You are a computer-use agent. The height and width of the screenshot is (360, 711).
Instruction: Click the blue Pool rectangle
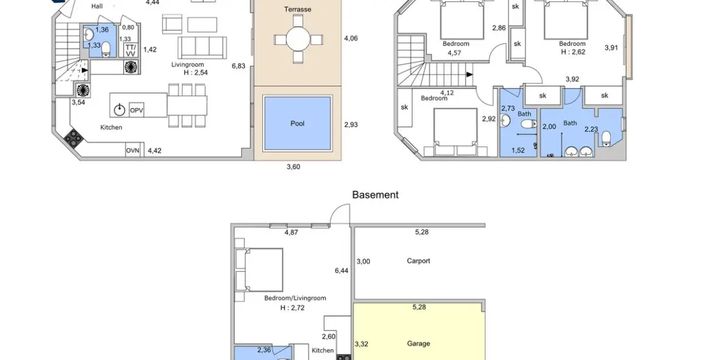[297, 123]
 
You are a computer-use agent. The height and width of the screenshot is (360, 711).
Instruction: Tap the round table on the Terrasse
[298, 40]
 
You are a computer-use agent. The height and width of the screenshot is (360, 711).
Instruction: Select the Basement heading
[375, 195]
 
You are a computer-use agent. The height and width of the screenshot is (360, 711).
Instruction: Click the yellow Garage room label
[419, 344]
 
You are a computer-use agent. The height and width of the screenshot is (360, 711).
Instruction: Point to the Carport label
[419, 261]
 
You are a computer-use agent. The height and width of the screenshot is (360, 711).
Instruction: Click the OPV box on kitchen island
[137, 109]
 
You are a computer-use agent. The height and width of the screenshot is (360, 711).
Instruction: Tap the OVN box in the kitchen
[132, 151]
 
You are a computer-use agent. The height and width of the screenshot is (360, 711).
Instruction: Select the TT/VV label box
[131, 50]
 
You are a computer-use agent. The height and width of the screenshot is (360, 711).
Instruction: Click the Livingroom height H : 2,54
[196, 73]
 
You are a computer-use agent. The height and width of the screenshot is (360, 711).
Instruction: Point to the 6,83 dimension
[238, 66]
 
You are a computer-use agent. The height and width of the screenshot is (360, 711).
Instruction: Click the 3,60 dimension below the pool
[294, 167]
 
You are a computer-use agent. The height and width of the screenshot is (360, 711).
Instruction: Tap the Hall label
[97, 6]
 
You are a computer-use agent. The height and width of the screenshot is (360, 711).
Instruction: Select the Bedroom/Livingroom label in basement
[295, 298]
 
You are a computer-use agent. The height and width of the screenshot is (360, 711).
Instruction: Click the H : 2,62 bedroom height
[572, 52]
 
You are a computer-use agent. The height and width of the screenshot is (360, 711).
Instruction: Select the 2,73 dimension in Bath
[508, 108]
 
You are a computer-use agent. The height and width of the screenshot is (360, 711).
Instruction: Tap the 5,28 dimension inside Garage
[419, 307]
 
